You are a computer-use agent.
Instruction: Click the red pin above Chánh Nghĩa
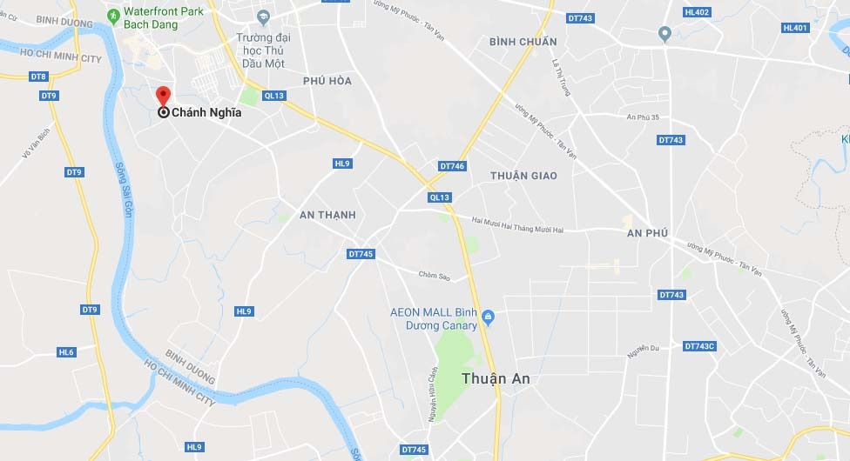click(x=163, y=97)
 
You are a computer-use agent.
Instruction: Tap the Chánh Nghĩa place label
click(x=206, y=112)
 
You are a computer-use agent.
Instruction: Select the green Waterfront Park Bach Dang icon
click(x=113, y=15)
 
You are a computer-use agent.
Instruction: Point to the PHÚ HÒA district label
click(x=327, y=81)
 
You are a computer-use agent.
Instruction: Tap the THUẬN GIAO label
click(x=523, y=176)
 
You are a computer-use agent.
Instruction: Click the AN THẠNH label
click(x=327, y=215)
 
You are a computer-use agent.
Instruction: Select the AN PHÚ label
click(x=647, y=233)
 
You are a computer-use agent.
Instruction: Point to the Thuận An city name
click(x=496, y=379)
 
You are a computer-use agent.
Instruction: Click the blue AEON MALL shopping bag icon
click(x=488, y=316)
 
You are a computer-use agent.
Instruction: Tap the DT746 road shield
click(x=453, y=165)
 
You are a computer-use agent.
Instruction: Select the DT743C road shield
click(x=699, y=346)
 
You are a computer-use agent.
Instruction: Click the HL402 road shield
click(x=697, y=11)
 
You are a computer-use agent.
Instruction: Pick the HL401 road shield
click(x=795, y=28)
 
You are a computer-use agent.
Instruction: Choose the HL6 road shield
click(x=66, y=352)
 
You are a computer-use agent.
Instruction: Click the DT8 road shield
click(x=38, y=77)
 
